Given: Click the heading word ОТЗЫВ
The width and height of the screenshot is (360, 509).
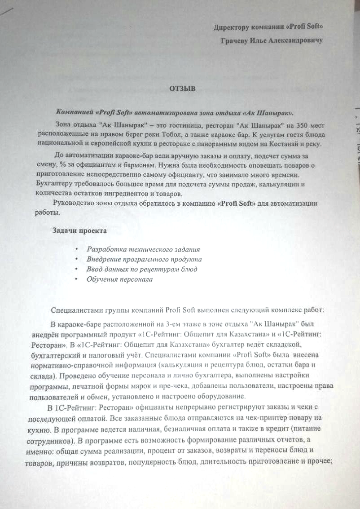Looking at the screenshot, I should point(182,89).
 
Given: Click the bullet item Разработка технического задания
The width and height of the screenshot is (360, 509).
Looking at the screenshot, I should point(143,249).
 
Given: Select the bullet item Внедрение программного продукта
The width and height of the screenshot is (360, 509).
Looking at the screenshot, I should point(144,259).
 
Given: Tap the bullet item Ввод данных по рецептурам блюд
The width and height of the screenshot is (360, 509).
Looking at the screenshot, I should point(142,269).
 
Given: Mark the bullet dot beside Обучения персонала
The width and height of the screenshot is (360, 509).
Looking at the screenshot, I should point(77,279).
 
